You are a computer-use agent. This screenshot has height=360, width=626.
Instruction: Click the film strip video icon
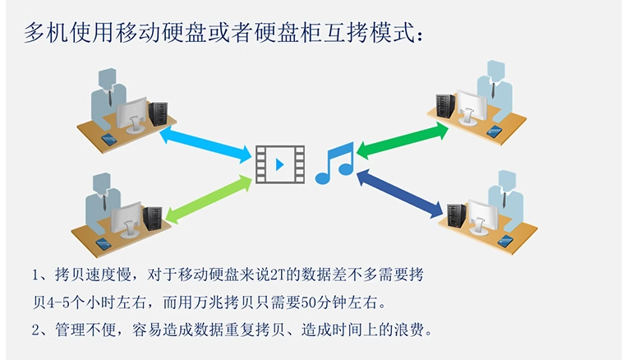pos(279,164)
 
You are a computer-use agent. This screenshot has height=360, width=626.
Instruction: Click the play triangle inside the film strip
pos(280,164)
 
